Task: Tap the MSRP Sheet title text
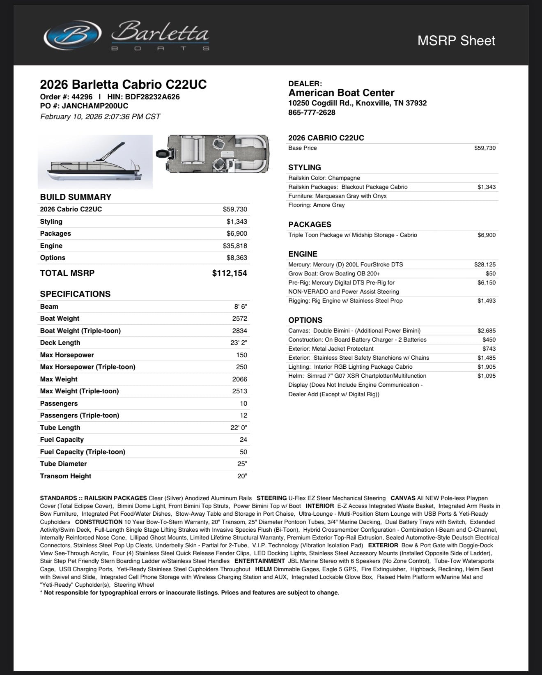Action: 456,41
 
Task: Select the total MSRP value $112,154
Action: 230,273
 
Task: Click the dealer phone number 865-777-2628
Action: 312,112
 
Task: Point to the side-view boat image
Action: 95,162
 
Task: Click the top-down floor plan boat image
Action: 214,154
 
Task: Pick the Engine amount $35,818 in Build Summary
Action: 235,246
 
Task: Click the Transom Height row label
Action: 66,476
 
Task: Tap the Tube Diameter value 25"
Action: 242,464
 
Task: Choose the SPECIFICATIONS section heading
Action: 75,294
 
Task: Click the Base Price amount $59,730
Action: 485,148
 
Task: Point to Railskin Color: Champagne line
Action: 324,178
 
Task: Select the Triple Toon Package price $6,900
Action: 487,235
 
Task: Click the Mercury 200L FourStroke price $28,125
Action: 485,265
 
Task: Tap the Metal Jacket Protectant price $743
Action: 489,349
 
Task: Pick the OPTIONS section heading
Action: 305,320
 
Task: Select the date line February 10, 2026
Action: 100,117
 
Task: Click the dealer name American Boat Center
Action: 341,93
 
